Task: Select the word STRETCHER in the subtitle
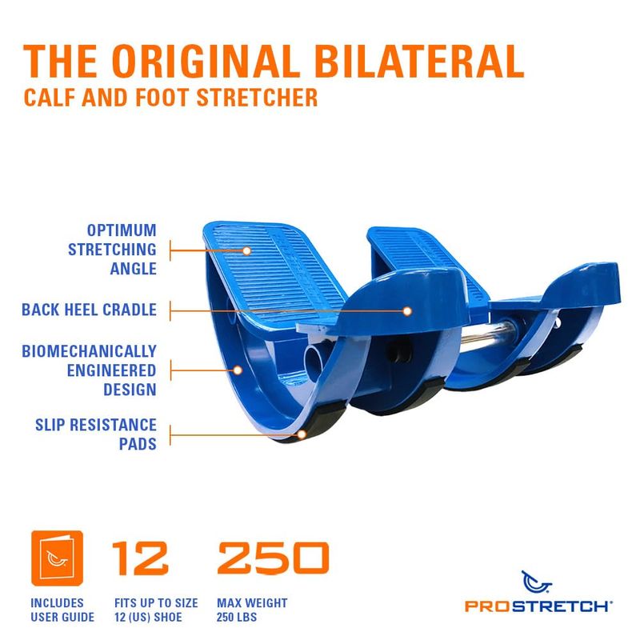(257, 98)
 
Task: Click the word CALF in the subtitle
(50, 98)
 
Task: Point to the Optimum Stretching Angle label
(112, 250)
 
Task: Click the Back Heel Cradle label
(89, 310)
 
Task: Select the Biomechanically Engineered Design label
(89, 370)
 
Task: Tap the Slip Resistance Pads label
(96, 434)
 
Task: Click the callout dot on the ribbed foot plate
(246, 250)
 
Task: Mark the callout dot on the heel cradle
(407, 311)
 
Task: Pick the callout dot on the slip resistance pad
(302, 434)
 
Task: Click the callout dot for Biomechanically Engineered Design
(238, 370)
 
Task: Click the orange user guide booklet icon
(57, 558)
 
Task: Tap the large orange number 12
(140, 558)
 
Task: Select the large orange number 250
(273, 558)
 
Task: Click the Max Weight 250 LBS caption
(252, 610)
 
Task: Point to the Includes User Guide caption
(62, 610)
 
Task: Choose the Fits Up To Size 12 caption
(156, 610)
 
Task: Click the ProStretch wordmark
(538, 606)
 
